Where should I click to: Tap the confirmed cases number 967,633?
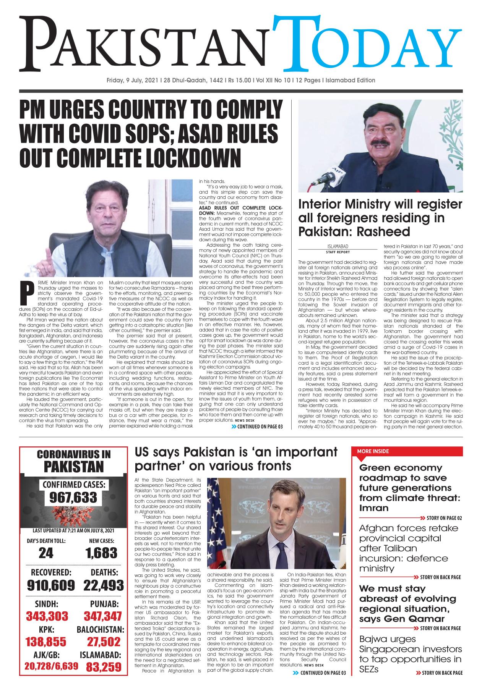(73, 498)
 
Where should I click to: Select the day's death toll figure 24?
(46, 553)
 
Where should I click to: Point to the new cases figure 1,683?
(101, 553)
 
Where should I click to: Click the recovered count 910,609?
(51, 585)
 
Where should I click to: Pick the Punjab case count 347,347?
(103, 616)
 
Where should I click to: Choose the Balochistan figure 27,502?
(104, 642)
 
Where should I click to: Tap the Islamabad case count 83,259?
(104, 667)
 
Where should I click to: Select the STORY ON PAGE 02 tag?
(444, 518)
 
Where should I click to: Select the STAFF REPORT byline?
(338, 252)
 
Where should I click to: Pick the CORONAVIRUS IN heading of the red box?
(74, 454)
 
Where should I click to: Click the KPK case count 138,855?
(46, 642)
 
